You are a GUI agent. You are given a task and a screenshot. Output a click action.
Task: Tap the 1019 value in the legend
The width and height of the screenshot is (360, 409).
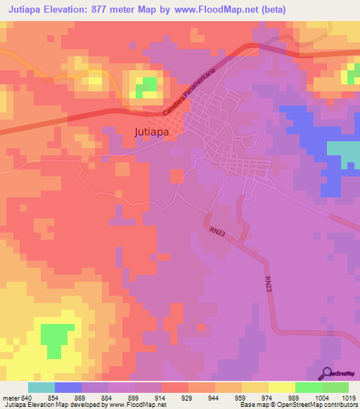point(347,399)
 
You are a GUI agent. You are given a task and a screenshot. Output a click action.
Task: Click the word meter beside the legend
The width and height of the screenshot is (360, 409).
point(11,399)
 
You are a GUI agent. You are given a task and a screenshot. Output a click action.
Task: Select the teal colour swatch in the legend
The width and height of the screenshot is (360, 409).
point(41,387)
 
